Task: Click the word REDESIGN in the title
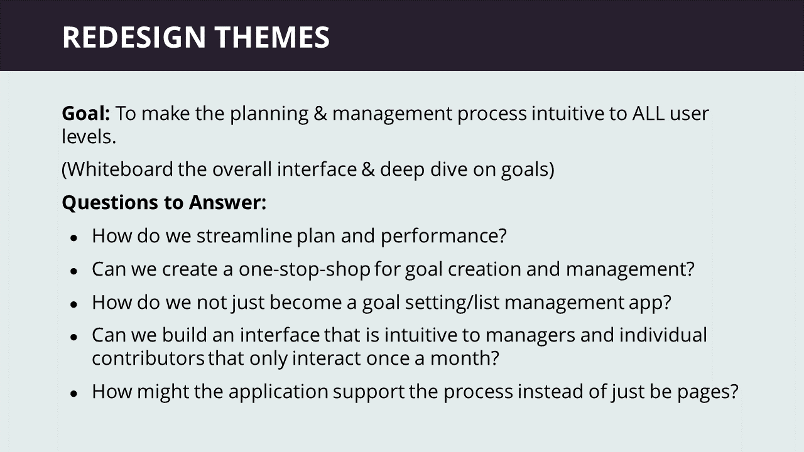pyautogui.click(x=134, y=37)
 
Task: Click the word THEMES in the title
pyautogui.click(x=272, y=37)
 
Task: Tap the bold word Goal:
pyautogui.click(x=86, y=114)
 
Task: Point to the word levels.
pyautogui.click(x=89, y=137)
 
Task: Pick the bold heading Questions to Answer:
pyautogui.click(x=164, y=202)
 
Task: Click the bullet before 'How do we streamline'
pyautogui.click(x=74, y=237)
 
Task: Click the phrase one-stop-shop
pyautogui.click(x=305, y=269)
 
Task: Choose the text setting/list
pyautogui.click(x=452, y=303)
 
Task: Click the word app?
pyautogui.click(x=650, y=303)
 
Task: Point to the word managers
pyautogui.click(x=531, y=336)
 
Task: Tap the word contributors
pyautogui.click(x=148, y=358)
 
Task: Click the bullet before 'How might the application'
pyautogui.click(x=74, y=393)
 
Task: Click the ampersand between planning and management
pyautogui.click(x=320, y=114)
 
